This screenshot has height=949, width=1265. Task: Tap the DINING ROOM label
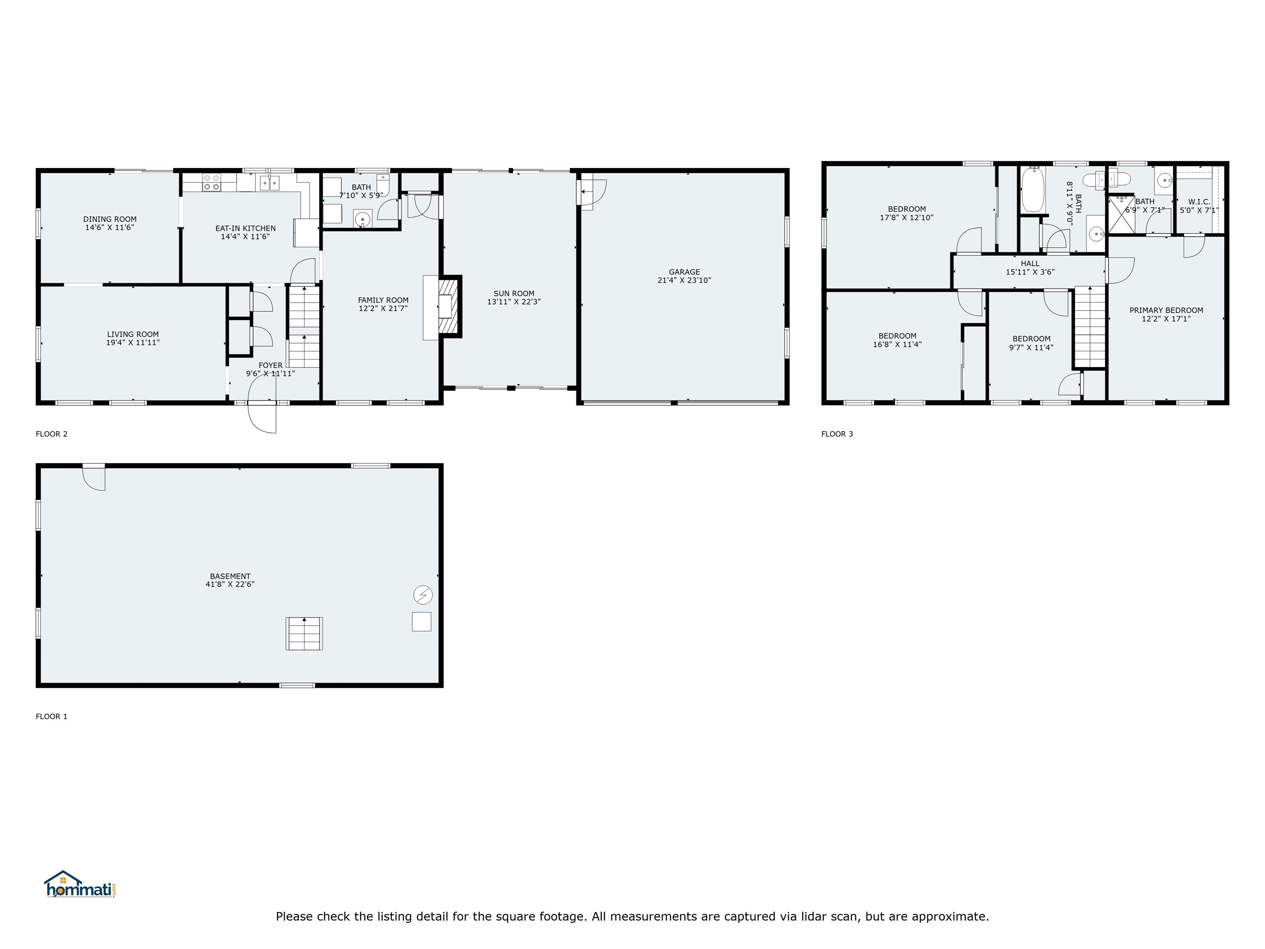tap(110, 219)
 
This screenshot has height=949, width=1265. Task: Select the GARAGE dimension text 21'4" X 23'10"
tap(684, 280)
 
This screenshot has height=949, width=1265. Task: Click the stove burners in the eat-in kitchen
tap(211, 182)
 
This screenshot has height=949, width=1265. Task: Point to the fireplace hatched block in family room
tap(449, 306)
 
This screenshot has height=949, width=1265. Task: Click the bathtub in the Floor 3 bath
tap(1033, 189)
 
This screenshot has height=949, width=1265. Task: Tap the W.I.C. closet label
tap(1199, 202)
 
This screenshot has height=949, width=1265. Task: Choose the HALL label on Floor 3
tap(1030, 264)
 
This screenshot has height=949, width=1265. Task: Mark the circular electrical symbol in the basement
tap(423, 595)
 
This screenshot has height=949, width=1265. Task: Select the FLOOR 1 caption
tap(51, 716)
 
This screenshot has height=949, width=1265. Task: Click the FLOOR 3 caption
tap(837, 434)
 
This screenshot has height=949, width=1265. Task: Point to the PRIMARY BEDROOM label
tap(1166, 310)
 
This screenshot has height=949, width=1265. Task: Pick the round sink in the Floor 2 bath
tap(362, 219)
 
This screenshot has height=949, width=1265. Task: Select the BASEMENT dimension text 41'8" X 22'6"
tap(230, 584)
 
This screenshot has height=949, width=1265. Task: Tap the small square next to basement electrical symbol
tap(422, 622)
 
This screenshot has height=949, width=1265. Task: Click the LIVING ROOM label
tap(133, 334)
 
